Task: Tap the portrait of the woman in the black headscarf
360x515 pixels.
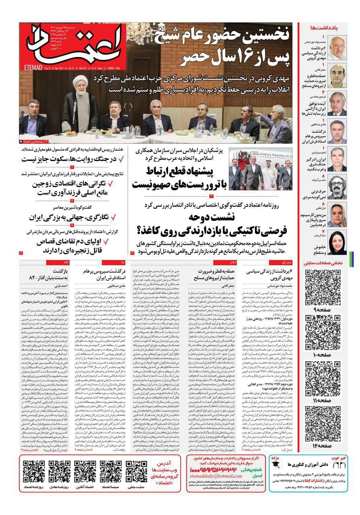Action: tap(337, 243)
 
